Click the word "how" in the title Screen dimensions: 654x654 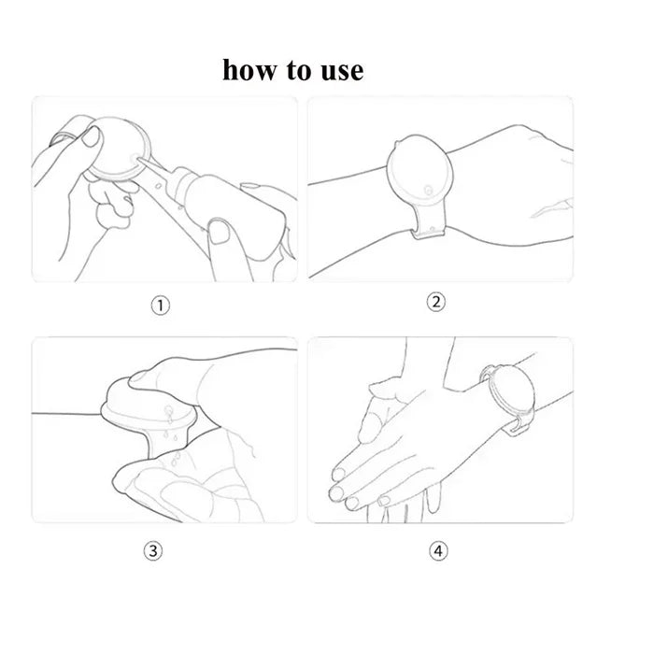click(249, 69)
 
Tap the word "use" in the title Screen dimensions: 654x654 click(342, 71)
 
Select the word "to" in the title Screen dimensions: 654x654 click(299, 70)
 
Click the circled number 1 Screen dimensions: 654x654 click(160, 306)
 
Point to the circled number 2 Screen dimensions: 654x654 click(436, 302)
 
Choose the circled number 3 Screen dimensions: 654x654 click(153, 551)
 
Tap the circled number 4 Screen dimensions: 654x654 click(438, 551)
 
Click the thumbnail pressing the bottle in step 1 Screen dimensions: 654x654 click(219, 232)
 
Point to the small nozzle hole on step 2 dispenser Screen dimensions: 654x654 click(428, 191)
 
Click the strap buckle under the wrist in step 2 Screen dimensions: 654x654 click(429, 232)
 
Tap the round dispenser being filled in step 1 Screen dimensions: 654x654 click(119, 149)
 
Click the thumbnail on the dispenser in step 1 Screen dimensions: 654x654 click(92, 136)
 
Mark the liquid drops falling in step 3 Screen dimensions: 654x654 click(172, 434)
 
